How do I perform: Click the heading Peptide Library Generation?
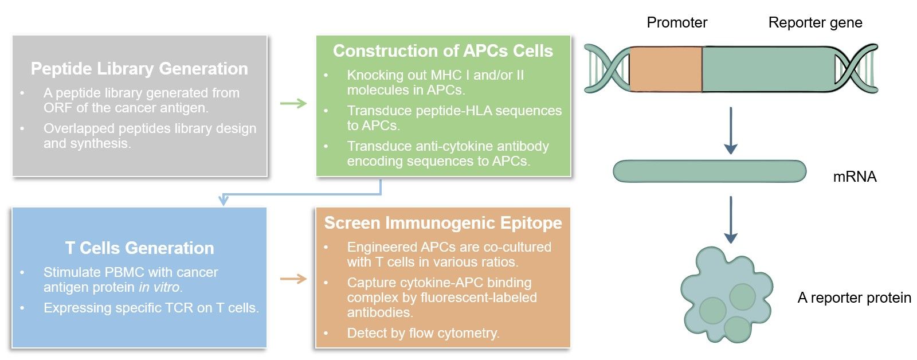[x=139, y=69]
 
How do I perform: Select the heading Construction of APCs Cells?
[x=442, y=51]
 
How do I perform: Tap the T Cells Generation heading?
[x=139, y=248]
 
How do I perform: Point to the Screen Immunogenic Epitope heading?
[x=442, y=223]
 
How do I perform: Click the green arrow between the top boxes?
[x=293, y=104]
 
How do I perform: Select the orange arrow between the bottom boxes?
[x=293, y=279]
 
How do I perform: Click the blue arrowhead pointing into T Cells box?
[x=224, y=200]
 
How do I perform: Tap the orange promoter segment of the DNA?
[x=665, y=69]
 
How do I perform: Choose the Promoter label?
[x=676, y=22]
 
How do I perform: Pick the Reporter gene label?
[x=814, y=22]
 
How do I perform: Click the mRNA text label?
[x=854, y=177]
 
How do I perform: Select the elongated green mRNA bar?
[x=709, y=171]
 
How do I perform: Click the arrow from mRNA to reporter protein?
[x=730, y=220]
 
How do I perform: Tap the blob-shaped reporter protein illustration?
[x=725, y=295]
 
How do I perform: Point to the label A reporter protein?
[x=853, y=298]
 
